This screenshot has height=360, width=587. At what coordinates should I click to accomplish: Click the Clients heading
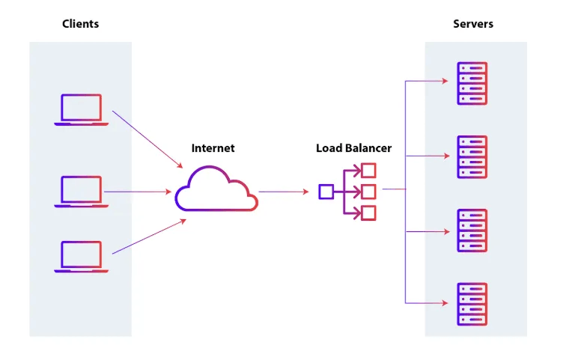click(80, 24)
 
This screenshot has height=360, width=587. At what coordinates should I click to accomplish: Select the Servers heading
click(473, 24)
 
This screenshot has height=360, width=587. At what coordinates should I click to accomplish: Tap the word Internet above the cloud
click(213, 148)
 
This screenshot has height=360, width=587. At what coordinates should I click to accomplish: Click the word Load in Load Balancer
click(329, 148)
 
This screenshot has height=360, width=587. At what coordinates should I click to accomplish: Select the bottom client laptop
click(81, 256)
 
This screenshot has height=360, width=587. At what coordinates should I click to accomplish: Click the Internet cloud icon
click(216, 191)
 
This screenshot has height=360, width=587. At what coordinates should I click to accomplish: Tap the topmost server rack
click(472, 83)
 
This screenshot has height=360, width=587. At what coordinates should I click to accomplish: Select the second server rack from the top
click(472, 156)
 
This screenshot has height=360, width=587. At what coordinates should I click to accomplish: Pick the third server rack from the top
click(472, 231)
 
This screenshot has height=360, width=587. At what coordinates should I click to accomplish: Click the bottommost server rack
click(472, 303)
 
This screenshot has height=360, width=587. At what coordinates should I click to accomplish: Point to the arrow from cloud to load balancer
click(284, 192)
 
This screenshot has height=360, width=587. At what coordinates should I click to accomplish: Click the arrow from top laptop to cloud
click(147, 139)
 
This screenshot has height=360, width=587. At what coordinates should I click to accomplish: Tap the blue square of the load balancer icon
click(326, 192)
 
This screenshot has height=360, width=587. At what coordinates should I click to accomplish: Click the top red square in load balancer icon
click(368, 171)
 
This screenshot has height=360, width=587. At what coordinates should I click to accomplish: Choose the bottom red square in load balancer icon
click(368, 213)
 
